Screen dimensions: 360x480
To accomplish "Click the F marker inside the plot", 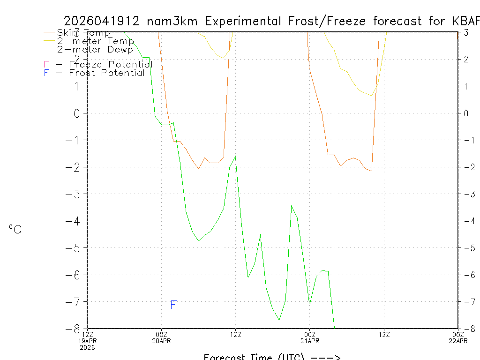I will point(173,305).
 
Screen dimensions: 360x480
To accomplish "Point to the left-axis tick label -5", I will point(73,247).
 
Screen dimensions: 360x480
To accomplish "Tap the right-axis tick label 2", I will point(466,59).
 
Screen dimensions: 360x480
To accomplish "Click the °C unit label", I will point(15,229).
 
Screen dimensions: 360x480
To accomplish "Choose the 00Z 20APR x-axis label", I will point(161,337).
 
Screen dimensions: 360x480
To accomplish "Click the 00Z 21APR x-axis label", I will point(309,337).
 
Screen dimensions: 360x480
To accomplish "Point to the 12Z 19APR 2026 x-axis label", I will point(88,340).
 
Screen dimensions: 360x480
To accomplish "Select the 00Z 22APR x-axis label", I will point(458,337).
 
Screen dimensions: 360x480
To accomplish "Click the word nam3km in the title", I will point(173,21).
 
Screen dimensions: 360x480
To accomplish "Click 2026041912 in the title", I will point(102,21).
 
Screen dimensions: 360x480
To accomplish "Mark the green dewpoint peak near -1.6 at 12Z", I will point(235,156).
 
